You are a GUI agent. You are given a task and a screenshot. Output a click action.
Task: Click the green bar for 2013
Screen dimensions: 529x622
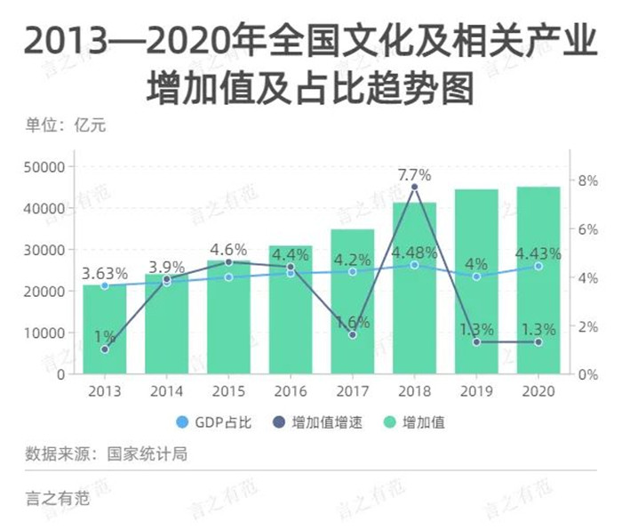(x=105, y=329)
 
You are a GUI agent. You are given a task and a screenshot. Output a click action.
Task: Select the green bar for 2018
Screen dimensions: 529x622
(x=414, y=293)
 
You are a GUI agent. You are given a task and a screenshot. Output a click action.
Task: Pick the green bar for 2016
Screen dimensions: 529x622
(x=291, y=311)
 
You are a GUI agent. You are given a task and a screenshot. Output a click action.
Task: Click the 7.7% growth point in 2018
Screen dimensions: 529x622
(x=414, y=187)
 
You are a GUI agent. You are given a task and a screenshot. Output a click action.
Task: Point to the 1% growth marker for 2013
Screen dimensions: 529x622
(x=105, y=349)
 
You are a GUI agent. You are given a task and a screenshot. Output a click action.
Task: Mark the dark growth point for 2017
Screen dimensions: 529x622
(x=353, y=334)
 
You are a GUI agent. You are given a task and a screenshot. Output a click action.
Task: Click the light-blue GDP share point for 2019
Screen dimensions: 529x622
(x=476, y=277)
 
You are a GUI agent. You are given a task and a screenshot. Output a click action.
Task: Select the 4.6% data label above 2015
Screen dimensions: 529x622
(x=228, y=248)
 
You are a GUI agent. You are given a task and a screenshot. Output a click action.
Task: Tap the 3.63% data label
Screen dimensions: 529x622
(x=105, y=272)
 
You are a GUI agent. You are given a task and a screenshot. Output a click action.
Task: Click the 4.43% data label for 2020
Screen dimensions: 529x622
(x=538, y=253)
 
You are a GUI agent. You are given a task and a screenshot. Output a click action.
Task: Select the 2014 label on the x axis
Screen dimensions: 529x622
(x=166, y=391)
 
